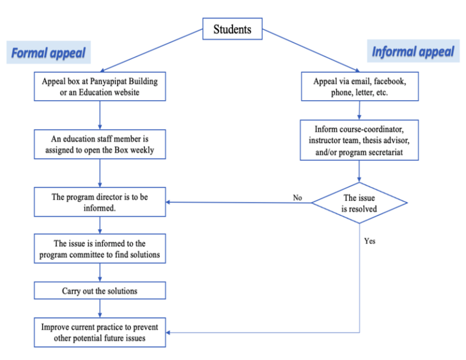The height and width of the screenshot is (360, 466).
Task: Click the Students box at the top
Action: pos(232,29)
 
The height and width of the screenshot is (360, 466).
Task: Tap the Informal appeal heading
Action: pos(413,52)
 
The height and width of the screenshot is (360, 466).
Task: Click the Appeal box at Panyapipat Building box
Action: pos(100,86)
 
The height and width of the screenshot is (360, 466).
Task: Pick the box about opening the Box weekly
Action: pos(100,144)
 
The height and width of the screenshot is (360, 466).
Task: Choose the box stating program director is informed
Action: pos(100,202)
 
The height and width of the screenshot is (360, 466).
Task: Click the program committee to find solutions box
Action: pos(100,249)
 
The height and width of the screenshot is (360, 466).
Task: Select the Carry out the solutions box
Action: pos(100,291)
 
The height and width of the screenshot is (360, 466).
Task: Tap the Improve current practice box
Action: pos(100,332)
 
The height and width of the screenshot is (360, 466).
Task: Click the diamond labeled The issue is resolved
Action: pos(359,203)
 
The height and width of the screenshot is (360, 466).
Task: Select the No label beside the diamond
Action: pos(297,198)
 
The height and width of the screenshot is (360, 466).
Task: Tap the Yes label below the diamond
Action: pos(370,241)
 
